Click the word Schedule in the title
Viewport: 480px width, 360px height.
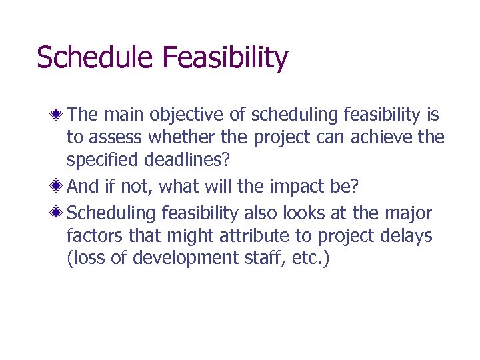pos(96,58)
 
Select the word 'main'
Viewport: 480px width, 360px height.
pos(125,115)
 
